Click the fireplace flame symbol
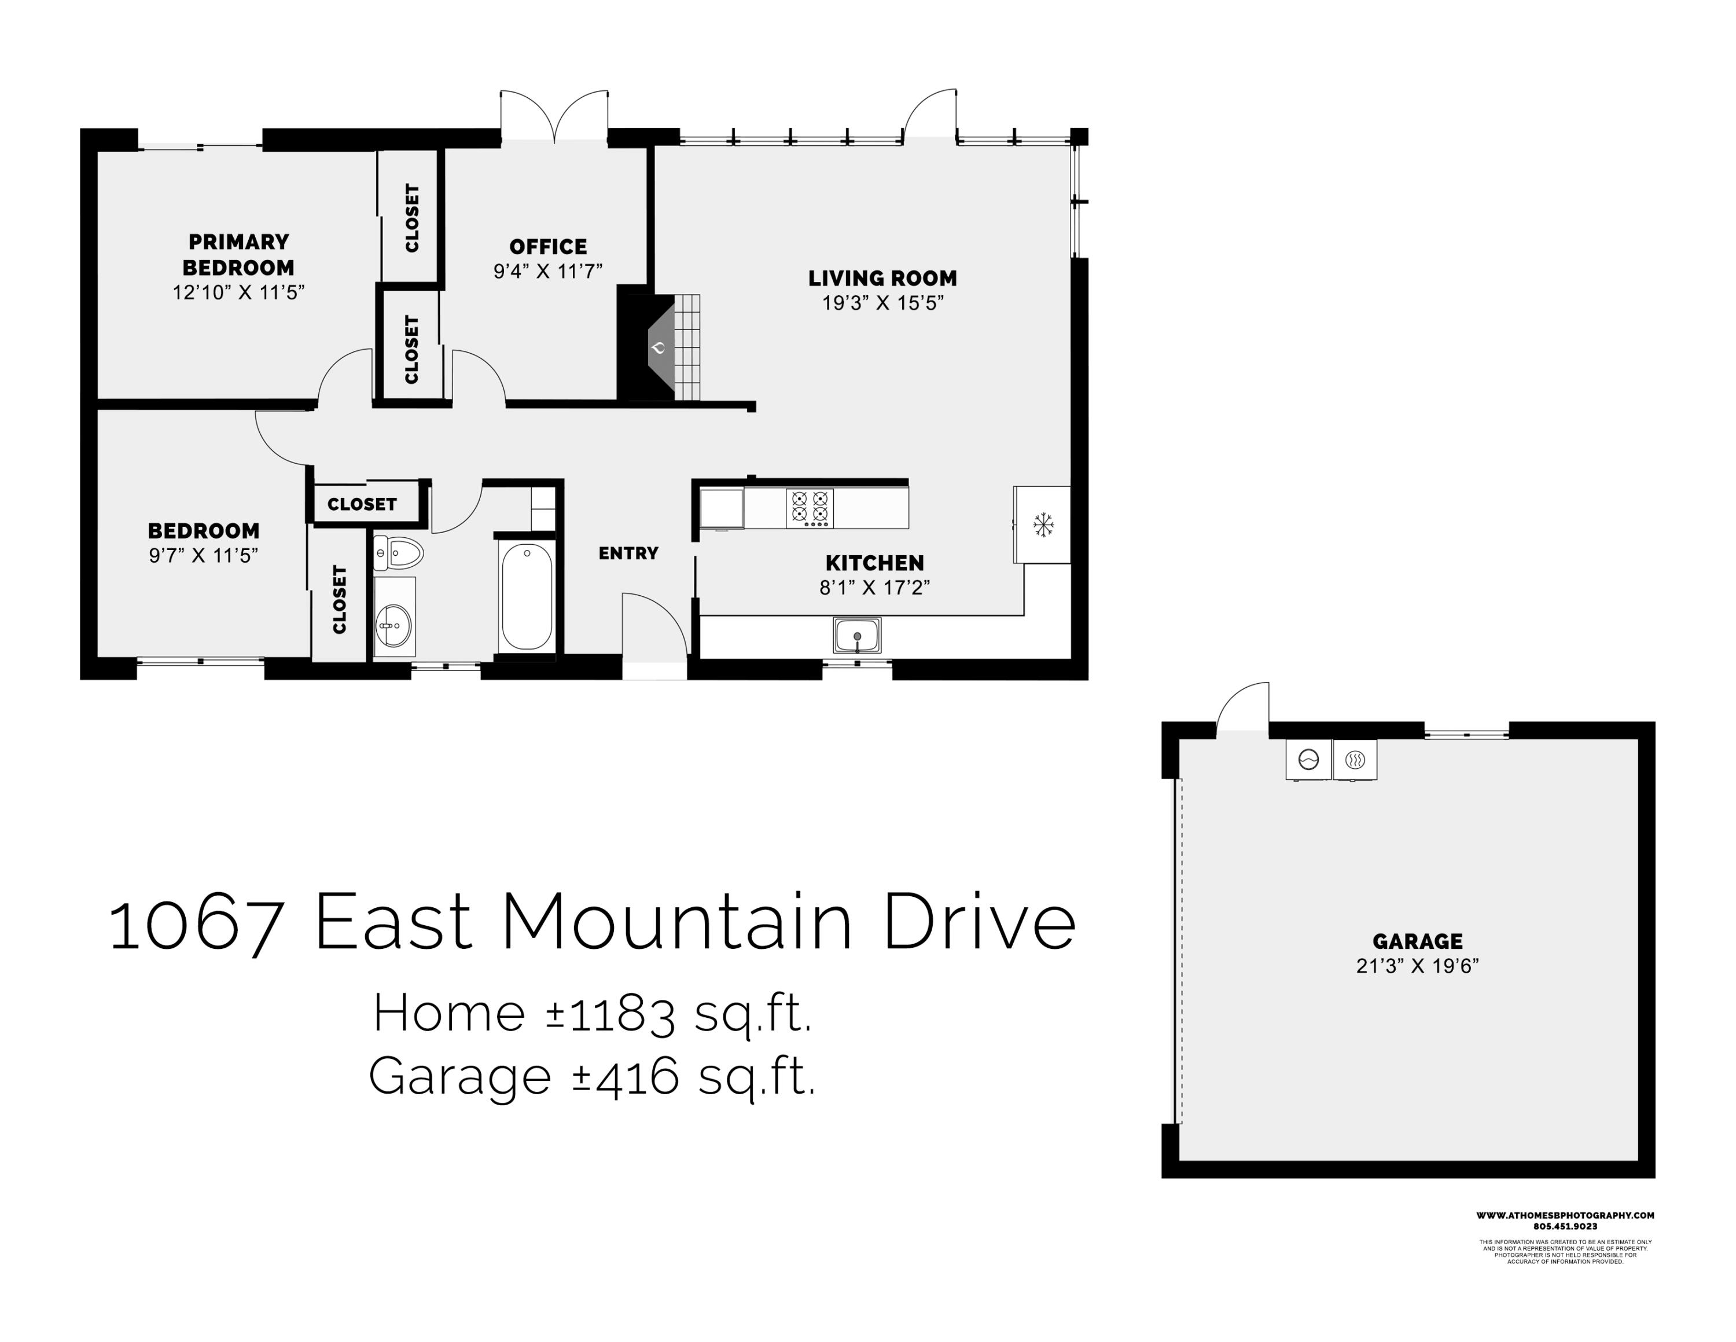pyautogui.click(x=658, y=347)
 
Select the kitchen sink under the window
pyautogui.click(x=857, y=635)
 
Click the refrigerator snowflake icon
pyautogui.click(x=1042, y=525)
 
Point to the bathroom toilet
pyautogui.click(x=399, y=552)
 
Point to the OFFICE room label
pyautogui.click(x=547, y=247)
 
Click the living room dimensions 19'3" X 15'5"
pyautogui.click(x=882, y=303)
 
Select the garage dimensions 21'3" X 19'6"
pyautogui.click(x=1417, y=966)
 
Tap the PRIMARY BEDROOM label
pyautogui.click(x=238, y=254)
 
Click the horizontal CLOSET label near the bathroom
pyautogui.click(x=362, y=504)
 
